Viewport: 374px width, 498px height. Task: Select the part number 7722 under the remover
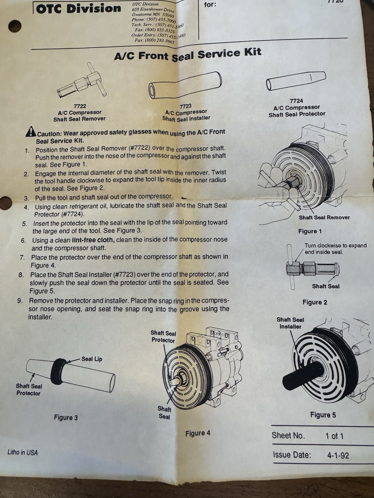pyautogui.click(x=80, y=106)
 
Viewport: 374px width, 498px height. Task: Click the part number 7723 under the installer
pyautogui.click(x=185, y=106)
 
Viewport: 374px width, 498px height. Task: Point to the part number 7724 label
pyautogui.click(x=296, y=101)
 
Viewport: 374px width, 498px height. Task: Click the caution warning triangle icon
pyautogui.click(x=31, y=132)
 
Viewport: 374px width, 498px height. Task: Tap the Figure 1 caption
pyautogui.click(x=310, y=232)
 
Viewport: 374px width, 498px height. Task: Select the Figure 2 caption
pyautogui.click(x=315, y=302)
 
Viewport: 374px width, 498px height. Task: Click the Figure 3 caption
pyautogui.click(x=66, y=417)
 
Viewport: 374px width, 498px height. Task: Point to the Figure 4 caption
pyautogui.click(x=198, y=433)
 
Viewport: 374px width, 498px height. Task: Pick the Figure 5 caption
pyautogui.click(x=323, y=415)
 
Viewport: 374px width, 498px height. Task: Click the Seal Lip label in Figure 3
pyautogui.click(x=92, y=359)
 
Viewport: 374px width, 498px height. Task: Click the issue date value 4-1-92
pyautogui.click(x=338, y=455)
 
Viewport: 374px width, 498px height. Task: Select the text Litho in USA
pyautogui.click(x=23, y=453)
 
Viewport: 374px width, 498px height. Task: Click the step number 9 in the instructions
pyautogui.click(x=20, y=301)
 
